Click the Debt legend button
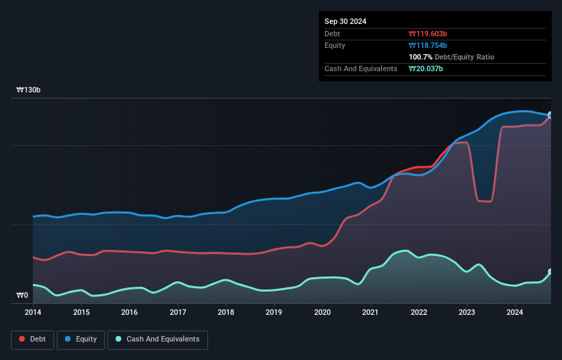[32, 339]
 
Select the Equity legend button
[81, 339]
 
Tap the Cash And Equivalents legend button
[157, 339]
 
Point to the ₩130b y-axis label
[29, 90]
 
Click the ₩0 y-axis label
[23, 296]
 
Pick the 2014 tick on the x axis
[33, 313]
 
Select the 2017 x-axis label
[178, 313]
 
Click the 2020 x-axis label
[322, 313]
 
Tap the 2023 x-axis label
[468, 313]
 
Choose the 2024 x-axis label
[515, 313]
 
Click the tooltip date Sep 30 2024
[345, 21]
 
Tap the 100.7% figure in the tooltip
[422, 57]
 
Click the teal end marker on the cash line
[550, 272]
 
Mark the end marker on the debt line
[550, 115]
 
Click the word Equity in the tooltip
[335, 45]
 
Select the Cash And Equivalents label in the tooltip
[361, 68]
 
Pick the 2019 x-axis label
[274, 313]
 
